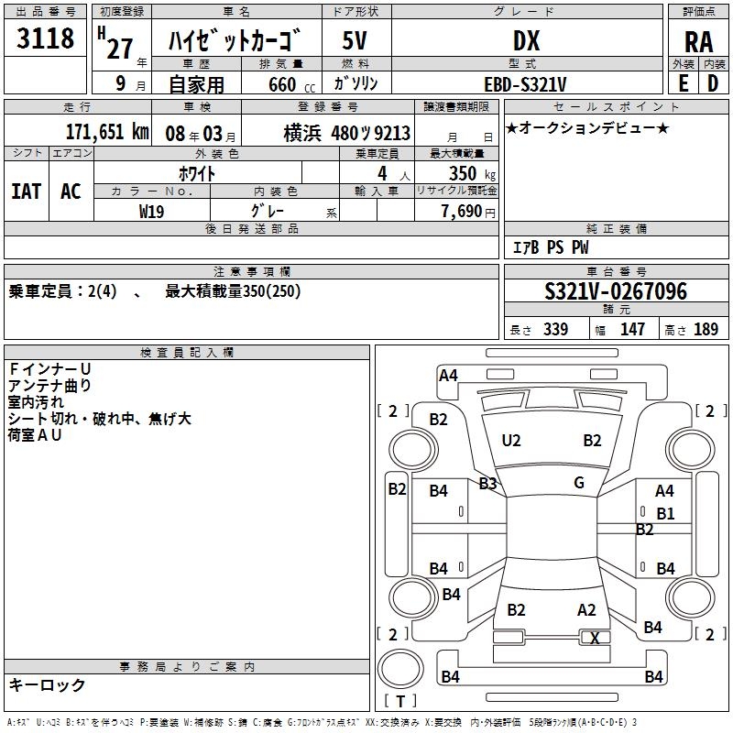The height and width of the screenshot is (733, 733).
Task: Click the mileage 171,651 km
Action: pyautogui.click(x=106, y=132)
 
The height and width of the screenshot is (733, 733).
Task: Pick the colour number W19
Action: pyautogui.click(x=152, y=210)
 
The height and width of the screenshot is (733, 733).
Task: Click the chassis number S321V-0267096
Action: pyautogui.click(x=615, y=291)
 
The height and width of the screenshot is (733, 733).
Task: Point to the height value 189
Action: pyautogui.click(x=706, y=330)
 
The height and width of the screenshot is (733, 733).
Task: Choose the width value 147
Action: pyautogui.click(x=632, y=330)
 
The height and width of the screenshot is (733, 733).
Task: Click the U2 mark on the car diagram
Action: pyautogui.click(x=511, y=441)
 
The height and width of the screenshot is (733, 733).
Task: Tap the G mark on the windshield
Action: pyautogui.click(x=579, y=483)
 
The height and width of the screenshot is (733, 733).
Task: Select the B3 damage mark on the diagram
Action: pyautogui.click(x=487, y=483)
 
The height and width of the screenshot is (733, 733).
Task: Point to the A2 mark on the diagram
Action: pyautogui.click(x=586, y=610)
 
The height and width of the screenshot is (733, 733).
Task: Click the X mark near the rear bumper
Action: pyautogui.click(x=595, y=639)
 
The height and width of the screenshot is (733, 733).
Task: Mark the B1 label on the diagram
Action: pyautogui.click(x=665, y=514)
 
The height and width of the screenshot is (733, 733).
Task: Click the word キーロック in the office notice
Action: pyautogui.click(x=48, y=684)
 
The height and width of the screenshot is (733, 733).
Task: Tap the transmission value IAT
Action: pyautogui.click(x=27, y=191)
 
